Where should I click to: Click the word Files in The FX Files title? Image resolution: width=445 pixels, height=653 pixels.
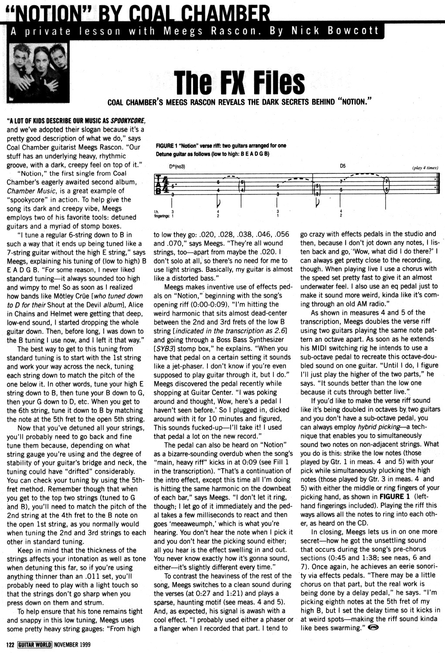coord(270,82)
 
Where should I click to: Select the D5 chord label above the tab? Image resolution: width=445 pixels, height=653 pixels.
coord(343,166)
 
